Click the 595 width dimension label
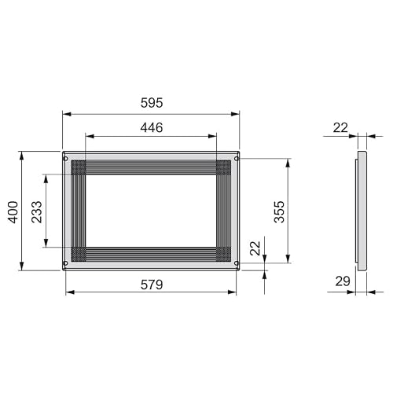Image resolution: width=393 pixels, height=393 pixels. (x=152, y=103)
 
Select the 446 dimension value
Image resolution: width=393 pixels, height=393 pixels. (x=152, y=127)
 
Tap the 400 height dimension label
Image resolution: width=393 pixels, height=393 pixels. (x=13, y=212)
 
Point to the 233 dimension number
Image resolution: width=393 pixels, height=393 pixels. (x=37, y=212)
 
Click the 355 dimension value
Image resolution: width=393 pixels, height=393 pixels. (x=279, y=212)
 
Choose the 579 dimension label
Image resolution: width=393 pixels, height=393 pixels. (x=152, y=285)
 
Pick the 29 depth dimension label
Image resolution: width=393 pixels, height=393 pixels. (x=343, y=281)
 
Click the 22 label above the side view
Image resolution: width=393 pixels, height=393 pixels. (x=340, y=127)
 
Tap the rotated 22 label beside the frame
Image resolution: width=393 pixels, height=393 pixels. (x=255, y=248)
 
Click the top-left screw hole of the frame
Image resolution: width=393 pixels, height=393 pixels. (x=66, y=159)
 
